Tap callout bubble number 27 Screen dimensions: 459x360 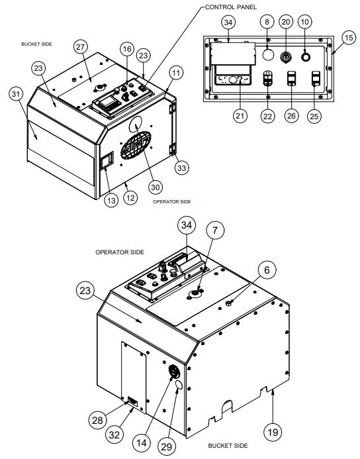81,47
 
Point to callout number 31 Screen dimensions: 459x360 16,94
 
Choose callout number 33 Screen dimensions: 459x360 181,168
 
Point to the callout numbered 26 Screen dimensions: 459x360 291,116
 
